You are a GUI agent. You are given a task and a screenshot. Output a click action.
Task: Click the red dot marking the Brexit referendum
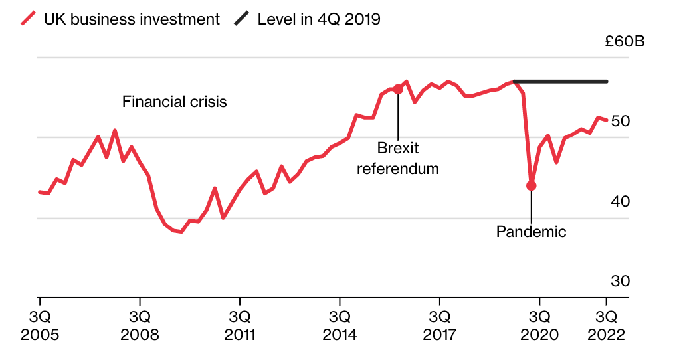pos(398,89)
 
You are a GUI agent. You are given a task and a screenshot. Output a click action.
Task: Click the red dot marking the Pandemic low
pos(531,186)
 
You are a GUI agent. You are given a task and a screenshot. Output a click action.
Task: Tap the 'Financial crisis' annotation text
pos(175,102)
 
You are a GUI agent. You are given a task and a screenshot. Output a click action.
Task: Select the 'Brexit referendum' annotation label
pos(398,158)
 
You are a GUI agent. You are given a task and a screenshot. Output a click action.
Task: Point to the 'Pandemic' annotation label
pos(531,232)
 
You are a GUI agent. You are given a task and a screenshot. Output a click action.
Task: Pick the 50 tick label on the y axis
pos(620,121)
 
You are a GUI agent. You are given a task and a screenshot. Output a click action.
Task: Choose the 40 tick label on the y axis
pos(620,201)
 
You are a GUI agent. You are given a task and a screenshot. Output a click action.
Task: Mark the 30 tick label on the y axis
pos(620,281)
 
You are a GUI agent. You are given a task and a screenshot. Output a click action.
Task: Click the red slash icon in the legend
pos(28,19)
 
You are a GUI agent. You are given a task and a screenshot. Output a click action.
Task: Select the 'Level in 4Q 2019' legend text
pos(319,19)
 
